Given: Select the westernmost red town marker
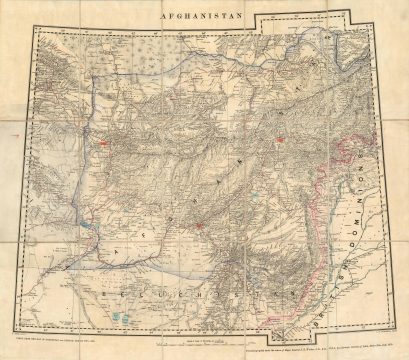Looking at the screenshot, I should [x=103, y=144].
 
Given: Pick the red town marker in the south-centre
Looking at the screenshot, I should [x=201, y=225].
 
